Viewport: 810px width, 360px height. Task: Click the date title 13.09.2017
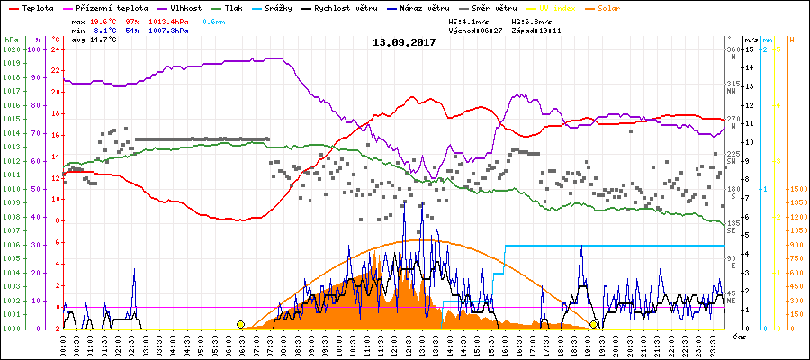pos(404,42)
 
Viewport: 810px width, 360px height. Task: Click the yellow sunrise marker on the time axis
pos(240,324)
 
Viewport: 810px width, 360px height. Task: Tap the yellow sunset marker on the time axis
pos(594,324)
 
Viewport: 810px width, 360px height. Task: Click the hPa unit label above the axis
pos(10,40)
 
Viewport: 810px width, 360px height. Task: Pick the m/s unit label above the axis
pos(751,40)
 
